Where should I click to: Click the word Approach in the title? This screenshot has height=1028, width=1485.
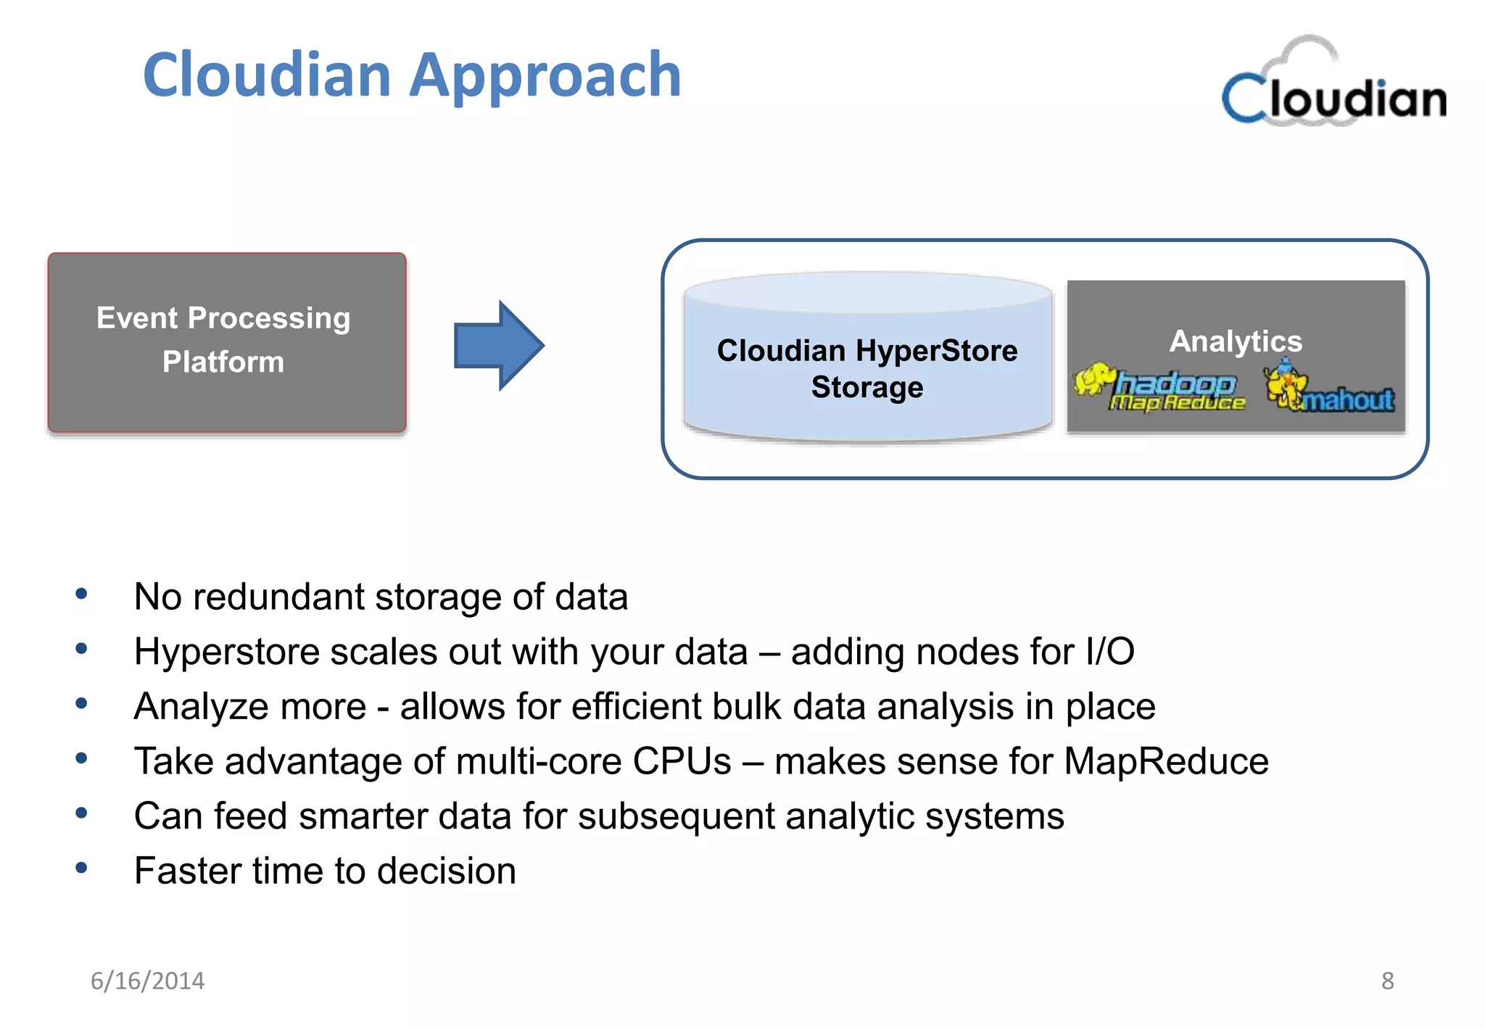click(545, 76)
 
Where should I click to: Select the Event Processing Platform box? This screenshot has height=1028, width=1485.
click(226, 342)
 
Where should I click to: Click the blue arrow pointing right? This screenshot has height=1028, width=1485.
click(499, 346)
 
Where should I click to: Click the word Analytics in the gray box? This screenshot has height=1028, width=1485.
click(1236, 341)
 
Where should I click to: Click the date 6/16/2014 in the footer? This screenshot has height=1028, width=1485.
click(147, 981)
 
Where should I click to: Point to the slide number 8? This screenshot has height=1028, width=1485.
click(1387, 981)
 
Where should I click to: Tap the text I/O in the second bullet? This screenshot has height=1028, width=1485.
click(1109, 652)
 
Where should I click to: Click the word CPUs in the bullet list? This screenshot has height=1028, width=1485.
click(682, 762)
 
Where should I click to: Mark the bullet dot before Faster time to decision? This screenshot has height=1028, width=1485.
click(81, 868)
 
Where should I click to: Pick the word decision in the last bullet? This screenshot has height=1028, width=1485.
click(446, 871)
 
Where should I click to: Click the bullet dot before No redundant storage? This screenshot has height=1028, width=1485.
click(81, 594)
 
